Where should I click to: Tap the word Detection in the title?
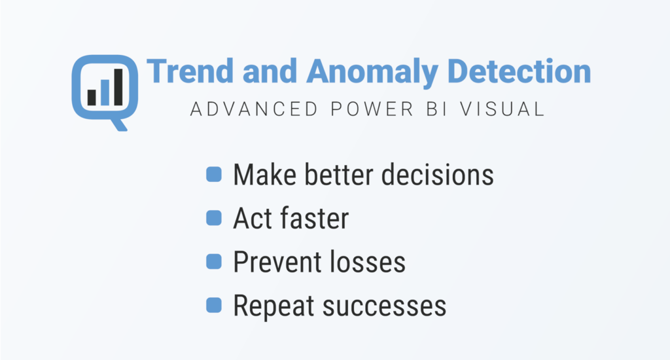(518, 71)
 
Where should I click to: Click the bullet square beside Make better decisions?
(213, 175)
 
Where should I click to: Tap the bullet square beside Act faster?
(213, 218)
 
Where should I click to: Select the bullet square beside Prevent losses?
(213, 262)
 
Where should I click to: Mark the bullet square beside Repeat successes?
(213, 305)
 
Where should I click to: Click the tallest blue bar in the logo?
(118, 86)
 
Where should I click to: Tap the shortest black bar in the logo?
(92, 97)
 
